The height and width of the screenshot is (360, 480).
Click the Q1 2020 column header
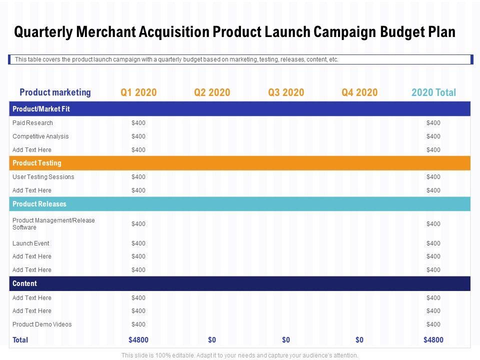point(138,92)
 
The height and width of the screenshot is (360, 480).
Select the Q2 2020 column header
point(212,92)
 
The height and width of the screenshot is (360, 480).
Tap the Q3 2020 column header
point(286,92)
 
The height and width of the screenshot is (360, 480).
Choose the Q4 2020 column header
point(359,92)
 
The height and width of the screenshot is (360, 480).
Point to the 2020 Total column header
point(433,92)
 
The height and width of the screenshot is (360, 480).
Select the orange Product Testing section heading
point(37,163)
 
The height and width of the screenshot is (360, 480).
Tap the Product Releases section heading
point(39,204)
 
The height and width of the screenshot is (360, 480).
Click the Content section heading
point(24,283)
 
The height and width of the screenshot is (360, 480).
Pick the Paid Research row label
point(32,123)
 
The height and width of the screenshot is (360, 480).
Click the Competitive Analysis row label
point(40,136)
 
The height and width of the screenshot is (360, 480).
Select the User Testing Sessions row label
point(43,177)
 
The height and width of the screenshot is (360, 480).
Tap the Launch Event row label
point(31,243)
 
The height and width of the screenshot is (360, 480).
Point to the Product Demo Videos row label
point(42,324)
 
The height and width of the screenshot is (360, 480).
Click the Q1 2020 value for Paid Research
point(138,123)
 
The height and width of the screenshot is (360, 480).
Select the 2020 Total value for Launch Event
point(433,243)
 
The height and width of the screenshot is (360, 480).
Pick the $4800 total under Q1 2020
point(138,340)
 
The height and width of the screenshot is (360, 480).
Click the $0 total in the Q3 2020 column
point(286,340)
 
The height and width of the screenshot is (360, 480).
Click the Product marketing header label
point(55,92)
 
